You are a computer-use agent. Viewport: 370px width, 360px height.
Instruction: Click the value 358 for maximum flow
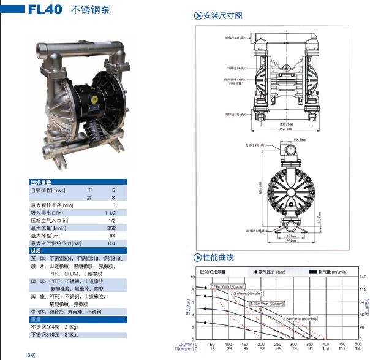tap(111, 228)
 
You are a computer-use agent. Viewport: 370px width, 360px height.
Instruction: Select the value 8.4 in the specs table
tap(111, 243)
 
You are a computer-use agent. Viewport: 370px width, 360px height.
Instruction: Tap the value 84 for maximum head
tap(112, 236)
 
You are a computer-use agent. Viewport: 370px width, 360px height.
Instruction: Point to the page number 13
tap(28, 355)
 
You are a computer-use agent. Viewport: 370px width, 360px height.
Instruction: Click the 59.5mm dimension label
tap(300, 140)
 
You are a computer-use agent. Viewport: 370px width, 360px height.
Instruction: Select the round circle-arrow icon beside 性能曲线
tap(198, 257)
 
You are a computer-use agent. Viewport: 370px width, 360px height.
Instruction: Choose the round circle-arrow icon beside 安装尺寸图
tap(198, 15)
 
